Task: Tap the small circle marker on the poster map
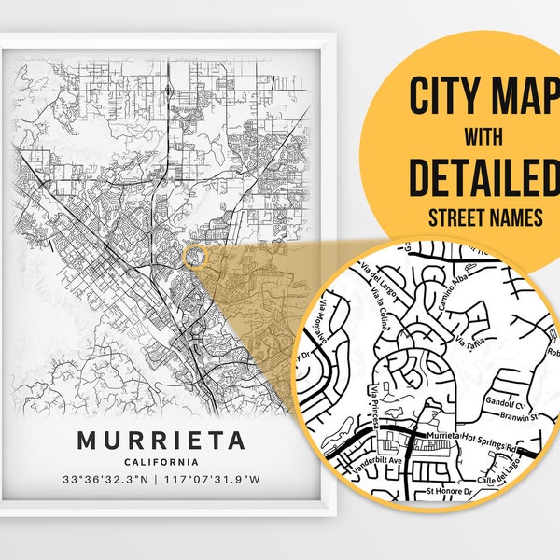195,256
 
